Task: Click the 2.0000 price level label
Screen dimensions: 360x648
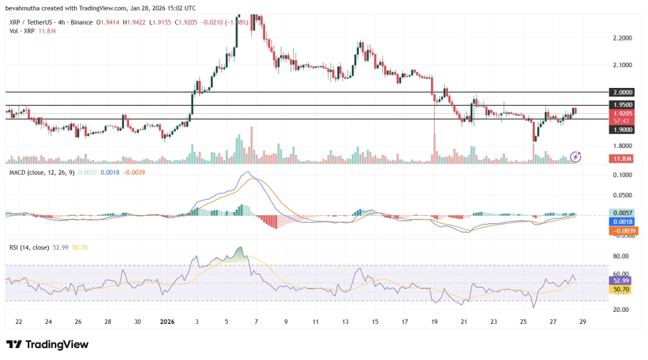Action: point(620,92)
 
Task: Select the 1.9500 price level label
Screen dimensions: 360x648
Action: point(620,104)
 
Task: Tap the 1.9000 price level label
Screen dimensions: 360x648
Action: point(620,129)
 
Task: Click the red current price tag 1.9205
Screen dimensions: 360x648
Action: point(620,113)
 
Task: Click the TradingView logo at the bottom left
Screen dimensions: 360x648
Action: point(47,344)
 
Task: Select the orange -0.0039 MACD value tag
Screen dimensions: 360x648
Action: point(620,231)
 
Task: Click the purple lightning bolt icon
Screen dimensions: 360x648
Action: point(576,156)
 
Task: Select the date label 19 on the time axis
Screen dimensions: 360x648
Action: point(435,321)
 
